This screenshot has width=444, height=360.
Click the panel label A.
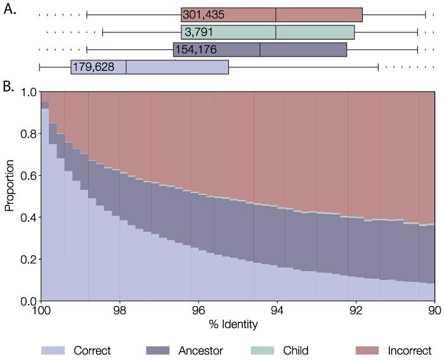[10, 11]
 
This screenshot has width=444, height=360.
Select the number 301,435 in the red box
[203, 15]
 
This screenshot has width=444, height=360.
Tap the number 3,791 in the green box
[197, 32]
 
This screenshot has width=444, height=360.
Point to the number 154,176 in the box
[195, 50]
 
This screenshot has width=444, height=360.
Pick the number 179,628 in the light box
[93, 66]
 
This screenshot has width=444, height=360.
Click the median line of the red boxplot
[276, 15]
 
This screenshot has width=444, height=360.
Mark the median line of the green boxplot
[276, 32]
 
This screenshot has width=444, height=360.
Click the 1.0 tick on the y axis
[29, 92]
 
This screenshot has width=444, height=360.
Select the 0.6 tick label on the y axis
[29, 176]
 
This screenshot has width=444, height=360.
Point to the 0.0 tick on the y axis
[29, 301]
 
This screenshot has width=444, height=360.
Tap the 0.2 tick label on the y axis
[29, 259]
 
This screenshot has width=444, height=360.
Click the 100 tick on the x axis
[41, 311]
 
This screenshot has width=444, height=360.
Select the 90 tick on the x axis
[434, 311]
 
